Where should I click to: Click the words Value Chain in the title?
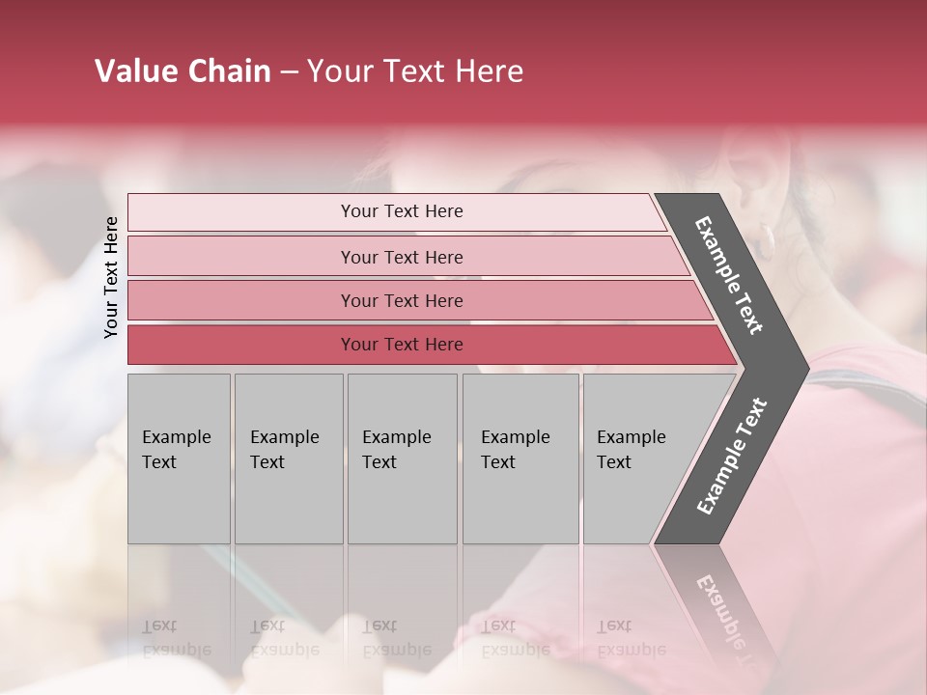pos(183,71)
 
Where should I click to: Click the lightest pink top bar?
pos(401,211)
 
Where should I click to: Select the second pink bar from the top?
pos(401,257)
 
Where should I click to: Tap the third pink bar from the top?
pos(401,300)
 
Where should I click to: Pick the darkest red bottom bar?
pos(401,345)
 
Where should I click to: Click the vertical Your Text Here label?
pos(111,277)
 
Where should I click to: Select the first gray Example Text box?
pos(179,458)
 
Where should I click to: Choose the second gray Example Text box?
pos(288,458)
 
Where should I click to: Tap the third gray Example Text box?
pos(401,458)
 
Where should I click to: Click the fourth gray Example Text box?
pos(520,458)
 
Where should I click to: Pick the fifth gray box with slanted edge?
pos(637,458)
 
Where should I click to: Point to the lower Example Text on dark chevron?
pos(732,457)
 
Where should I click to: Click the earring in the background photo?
pos(767,240)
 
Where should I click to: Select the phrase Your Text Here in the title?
pos(415,71)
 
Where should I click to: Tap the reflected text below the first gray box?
pos(176,637)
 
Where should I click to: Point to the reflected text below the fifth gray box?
pos(630,637)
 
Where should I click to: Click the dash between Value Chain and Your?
pos(289,73)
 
